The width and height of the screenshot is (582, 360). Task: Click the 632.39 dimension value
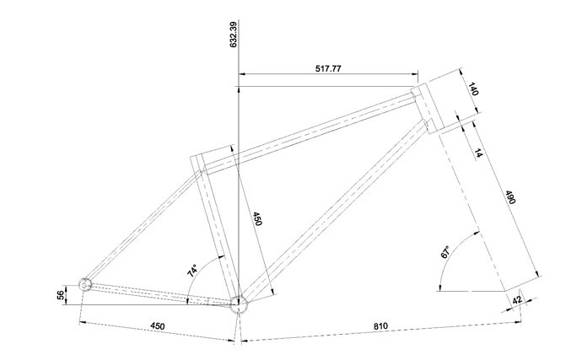pos(233,35)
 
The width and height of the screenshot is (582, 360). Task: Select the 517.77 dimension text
pos(328,68)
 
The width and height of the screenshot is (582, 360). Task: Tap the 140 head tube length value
pos(472,89)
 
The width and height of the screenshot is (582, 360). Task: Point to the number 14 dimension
pos(478,153)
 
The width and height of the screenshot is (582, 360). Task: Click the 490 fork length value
pos(510,197)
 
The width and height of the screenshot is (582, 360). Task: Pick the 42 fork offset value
pos(517,300)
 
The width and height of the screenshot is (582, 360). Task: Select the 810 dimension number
pos(380,326)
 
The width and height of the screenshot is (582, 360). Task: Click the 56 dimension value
pos(61,296)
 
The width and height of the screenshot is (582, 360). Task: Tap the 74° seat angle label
pos(193,271)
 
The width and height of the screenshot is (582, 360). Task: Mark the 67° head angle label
pos(445,251)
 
